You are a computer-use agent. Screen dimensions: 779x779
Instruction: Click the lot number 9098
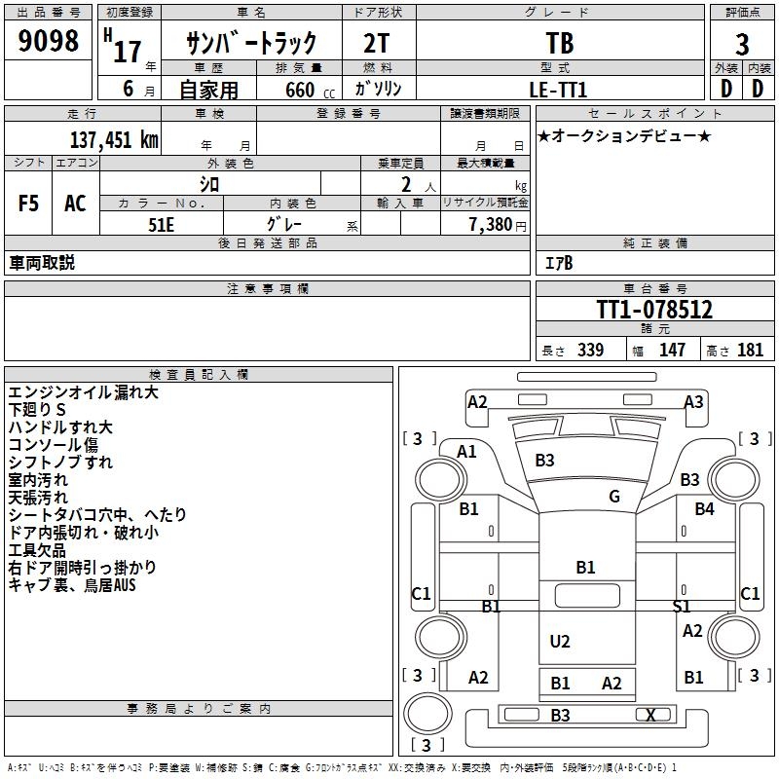click(49, 42)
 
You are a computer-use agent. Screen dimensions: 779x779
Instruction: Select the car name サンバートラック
click(252, 43)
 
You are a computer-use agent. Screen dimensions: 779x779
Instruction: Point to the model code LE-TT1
click(559, 89)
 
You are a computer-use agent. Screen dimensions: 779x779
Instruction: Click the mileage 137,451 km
click(113, 140)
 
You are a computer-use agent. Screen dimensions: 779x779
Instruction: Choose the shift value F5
click(28, 204)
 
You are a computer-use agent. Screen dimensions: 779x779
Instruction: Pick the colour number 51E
click(162, 224)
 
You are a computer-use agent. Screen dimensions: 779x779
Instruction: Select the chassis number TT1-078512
click(654, 310)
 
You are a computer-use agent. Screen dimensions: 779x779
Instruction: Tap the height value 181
click(751, 351)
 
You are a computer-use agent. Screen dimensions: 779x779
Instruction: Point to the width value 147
click(672, 351)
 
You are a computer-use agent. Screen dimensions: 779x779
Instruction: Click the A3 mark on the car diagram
click(693, 401)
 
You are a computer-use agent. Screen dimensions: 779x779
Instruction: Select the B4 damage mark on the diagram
click(704, 508)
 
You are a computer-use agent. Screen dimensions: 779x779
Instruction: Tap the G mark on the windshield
click(614, 497)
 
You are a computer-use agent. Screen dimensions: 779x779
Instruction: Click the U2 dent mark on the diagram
click(560, 641)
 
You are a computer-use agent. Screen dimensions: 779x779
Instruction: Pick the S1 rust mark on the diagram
click(682, 606)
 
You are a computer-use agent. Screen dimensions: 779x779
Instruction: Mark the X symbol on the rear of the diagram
click(650, 715)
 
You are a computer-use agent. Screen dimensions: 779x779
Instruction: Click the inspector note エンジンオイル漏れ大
click(84, 393)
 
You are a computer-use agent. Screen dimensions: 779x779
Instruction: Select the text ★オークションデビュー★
click(624, 135)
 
